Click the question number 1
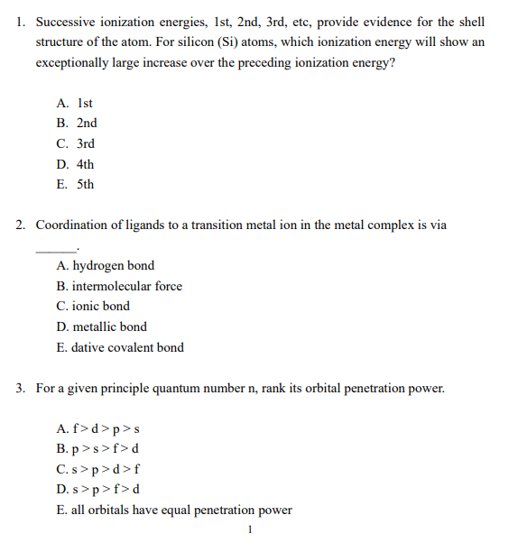[x=21, y=22]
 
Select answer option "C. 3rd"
[x=76, y=143]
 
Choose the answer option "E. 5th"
[x=75, y=185]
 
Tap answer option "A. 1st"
[x=75, y=103]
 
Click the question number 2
[x=21, y=225]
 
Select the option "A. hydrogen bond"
[x=105, y=266]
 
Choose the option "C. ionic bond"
[x=93, y=307]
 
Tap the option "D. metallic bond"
[x=101, y=327]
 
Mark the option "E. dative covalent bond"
[x=119, y=348]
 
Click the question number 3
[x=21, y=389]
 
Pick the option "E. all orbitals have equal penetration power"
[x=173, y=511]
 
